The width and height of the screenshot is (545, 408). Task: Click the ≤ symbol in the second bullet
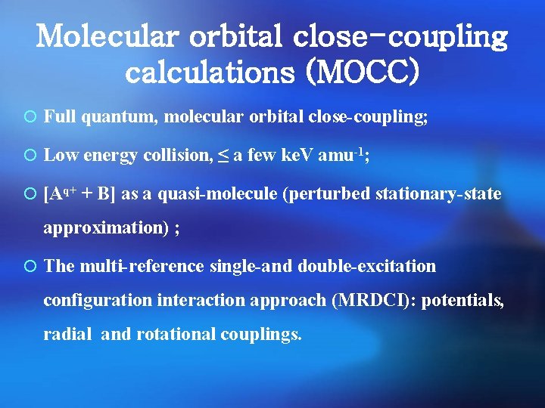click(x=223, y=156)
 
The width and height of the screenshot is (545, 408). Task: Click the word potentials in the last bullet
click(x=462, y=300)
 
